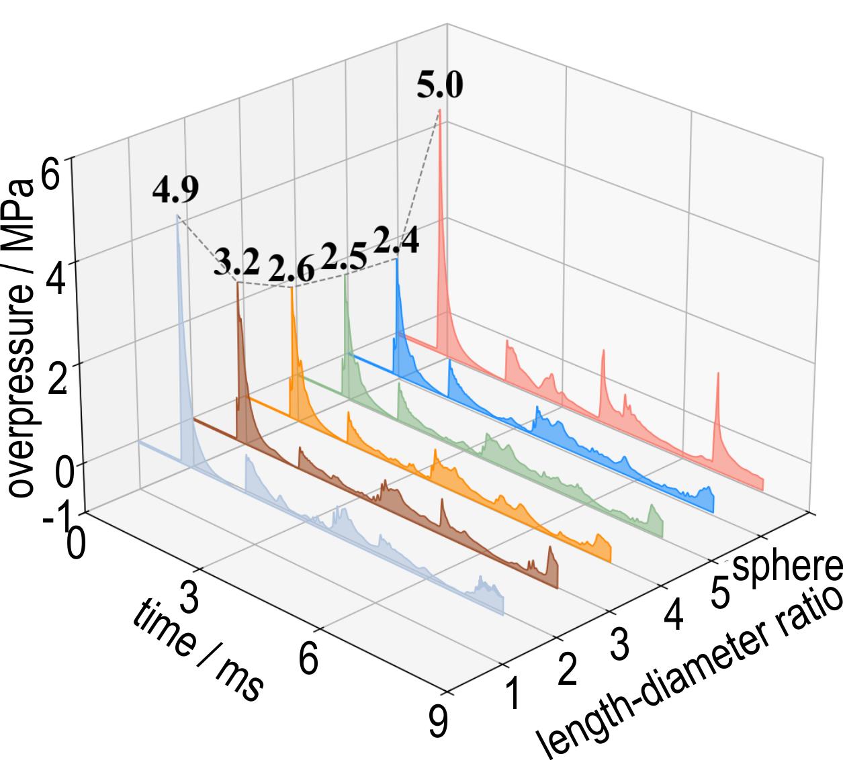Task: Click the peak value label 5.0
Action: pos(439,87)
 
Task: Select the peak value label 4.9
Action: pos(175,191)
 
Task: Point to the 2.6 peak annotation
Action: pos(291,269)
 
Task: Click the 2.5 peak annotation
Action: pos(344,255)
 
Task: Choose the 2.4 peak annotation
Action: pos(396,241)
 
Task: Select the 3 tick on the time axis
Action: pos(191,598)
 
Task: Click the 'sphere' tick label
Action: pos(787,567)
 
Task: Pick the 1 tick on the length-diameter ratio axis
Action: pos(513,695)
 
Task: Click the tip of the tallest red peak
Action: pos(439,109)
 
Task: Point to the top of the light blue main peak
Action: pos(177,216)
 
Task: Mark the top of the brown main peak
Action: pos(237,283)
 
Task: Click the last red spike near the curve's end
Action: pos(717,372)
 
